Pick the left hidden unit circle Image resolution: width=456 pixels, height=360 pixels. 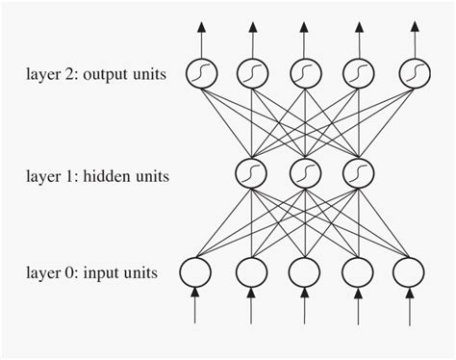(x=251, y=174)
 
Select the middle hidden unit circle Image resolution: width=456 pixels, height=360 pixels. (x=304, y=174)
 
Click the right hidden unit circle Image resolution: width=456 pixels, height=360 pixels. (x=357, y=174)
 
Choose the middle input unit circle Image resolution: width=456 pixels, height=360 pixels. (x=304, y=272)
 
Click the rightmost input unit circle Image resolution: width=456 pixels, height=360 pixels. (x=411, y=272)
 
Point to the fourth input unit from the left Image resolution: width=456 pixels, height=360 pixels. (x=357, y=272)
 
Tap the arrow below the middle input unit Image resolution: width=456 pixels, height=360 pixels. (x=304, y=308)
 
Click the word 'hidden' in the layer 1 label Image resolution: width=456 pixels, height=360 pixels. (x=116, y=176)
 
